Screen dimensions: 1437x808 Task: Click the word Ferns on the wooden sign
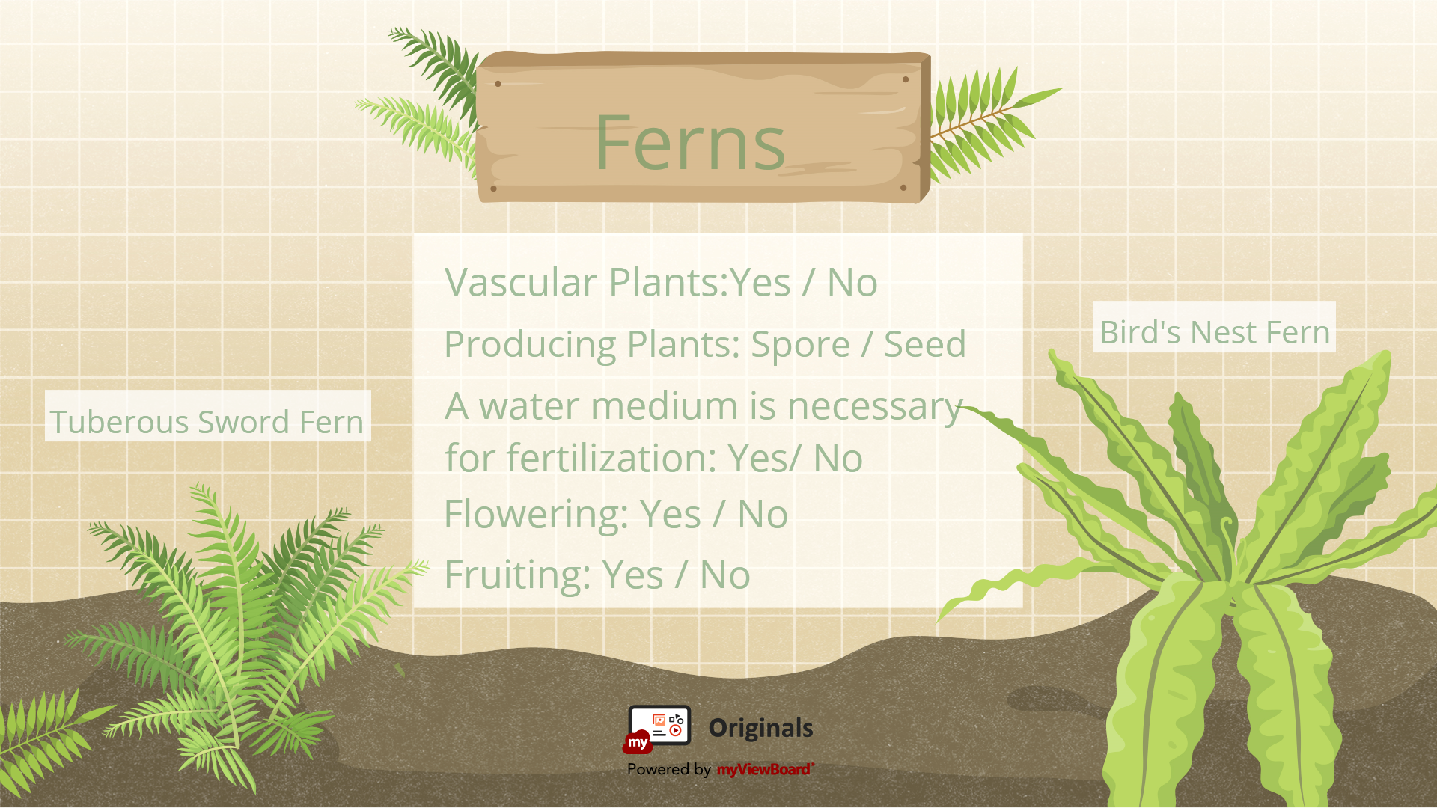pyautogui.click(x=690, y=142)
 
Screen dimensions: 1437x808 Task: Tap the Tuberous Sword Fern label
pyautogui.click(x=207, y=422)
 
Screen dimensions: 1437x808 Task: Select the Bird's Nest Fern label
pyautogui.click(x=1215, y=332)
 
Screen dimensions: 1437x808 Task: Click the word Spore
pyautogui.click(x=800, y=344)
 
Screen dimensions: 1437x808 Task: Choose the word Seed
pyautogui.click(x=925, y=344)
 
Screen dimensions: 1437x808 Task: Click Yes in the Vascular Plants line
pyautogui.click(x=760, y=283)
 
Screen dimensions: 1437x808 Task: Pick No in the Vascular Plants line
pyautogui.click(x=852, y=283)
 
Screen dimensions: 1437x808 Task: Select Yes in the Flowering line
pyautogui.click(x=671, y=515)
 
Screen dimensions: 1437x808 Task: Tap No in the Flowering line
pyautogui.click(x=763, y=515)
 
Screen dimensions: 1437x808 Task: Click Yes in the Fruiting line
pyautogui.click(x=633, y=575)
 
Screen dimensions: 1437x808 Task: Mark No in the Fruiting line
pyautogui.click(x=725, y=575)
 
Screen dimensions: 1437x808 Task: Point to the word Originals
pyautogui.click(x=760, y=728)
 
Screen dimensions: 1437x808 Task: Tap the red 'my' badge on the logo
pyautogui.click(x=638, y=742)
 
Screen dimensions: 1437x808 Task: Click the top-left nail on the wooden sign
pyautogui.click(x=498, y=84)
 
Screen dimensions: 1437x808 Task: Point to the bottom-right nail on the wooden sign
pyautogui.click(x=903, y=188)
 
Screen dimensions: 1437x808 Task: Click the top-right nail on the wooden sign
pyautogui.click(x=906, y=79)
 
